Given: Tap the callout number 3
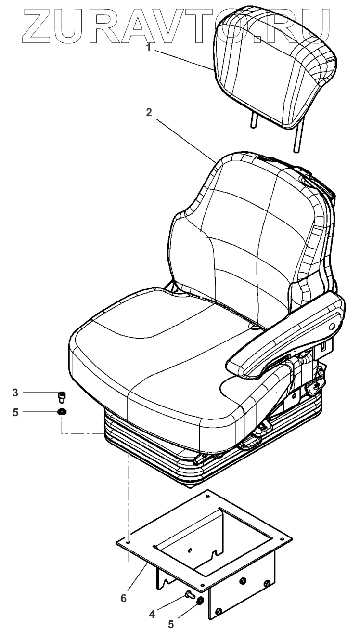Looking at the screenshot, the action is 15,393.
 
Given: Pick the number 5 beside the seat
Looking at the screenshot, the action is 15,412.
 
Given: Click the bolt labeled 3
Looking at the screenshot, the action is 62,396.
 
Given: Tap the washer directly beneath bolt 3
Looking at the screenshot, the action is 62,412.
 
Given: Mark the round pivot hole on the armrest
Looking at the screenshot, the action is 332,327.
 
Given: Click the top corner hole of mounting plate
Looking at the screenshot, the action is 207,494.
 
